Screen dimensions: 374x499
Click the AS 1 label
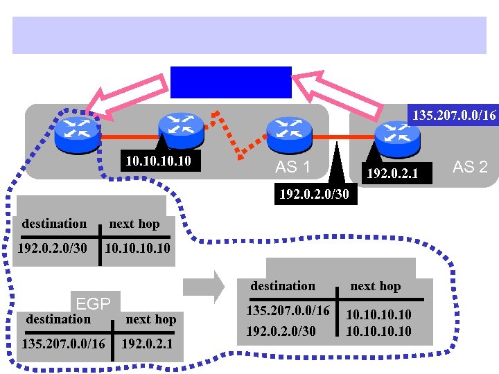[292, 167]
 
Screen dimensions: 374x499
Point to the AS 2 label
[470, 166]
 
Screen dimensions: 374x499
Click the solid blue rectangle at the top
[231, 82]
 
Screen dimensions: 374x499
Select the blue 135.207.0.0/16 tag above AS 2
[453, 114]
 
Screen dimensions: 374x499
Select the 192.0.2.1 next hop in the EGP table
[148, 344]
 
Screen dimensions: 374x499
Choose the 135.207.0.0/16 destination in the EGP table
[64, 344]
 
